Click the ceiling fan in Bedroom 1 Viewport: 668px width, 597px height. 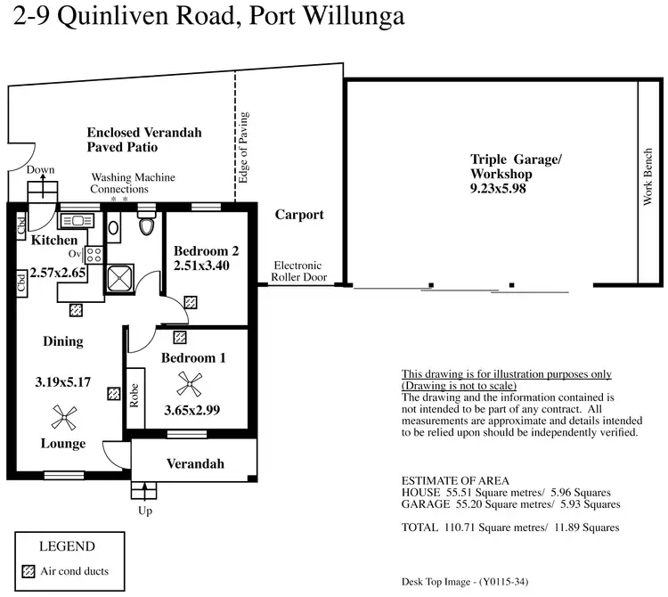pos(188,384)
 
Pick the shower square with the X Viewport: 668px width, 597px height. pos(118,278)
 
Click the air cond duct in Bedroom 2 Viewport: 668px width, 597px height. pos(190,303)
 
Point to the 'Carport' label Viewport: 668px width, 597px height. pos(299,215)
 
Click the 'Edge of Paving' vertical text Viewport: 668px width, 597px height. pos(244,148)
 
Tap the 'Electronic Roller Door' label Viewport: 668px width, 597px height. pos(298,272)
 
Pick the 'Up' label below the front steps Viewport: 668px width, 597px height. pos(143,512)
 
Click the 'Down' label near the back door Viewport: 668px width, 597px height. pos(41,169)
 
